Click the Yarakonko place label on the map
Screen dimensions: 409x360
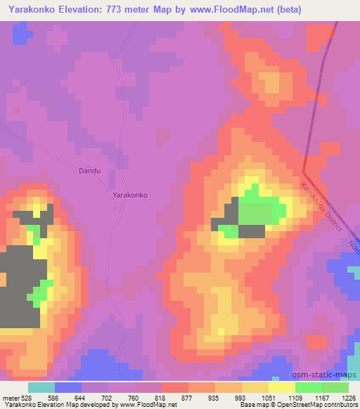pos(130,197)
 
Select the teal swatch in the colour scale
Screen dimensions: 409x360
pos(41,387)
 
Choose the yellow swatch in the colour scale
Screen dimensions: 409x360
pos(282,387)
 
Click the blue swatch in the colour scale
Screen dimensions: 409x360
pos(68,387)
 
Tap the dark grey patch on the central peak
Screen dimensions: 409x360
pos(251,231)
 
